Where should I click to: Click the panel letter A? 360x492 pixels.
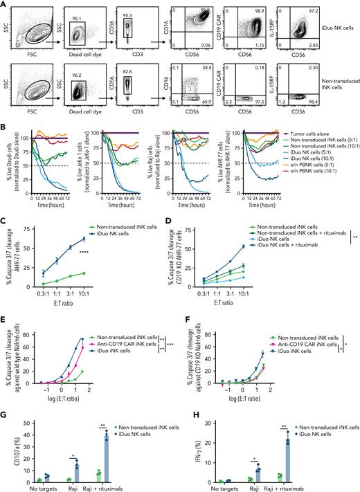(5, 4)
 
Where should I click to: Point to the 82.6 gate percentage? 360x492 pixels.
(134, 71)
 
